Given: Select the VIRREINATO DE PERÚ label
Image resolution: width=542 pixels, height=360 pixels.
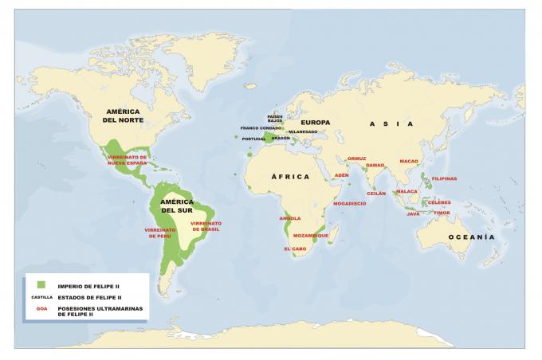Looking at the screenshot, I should point(159,233).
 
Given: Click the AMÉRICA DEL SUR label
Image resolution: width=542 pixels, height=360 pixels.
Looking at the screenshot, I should point(176,205).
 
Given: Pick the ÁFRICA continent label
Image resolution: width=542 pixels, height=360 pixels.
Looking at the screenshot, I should point(289,177).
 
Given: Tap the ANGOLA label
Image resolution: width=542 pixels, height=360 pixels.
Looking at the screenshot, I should point(290,217).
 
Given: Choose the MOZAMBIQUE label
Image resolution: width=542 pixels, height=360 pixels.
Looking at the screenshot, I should point(310,236).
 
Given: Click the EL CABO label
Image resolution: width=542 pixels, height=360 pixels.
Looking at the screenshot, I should point(295,248).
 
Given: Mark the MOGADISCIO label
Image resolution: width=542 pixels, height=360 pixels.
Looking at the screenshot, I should point(349,203).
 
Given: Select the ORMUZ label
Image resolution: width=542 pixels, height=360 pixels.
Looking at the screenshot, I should point(356,158).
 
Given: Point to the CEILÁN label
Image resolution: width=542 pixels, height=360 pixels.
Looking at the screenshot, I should point(376,194).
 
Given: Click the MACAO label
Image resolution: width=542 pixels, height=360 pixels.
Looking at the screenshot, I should point(408,161).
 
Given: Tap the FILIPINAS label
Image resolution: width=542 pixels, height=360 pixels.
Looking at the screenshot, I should point(444,178).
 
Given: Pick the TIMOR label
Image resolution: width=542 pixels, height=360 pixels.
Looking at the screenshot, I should point(442,213).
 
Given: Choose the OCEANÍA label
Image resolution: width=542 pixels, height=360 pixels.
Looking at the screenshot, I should point(471,237).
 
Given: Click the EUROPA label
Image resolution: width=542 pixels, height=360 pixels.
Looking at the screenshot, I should point(315,122).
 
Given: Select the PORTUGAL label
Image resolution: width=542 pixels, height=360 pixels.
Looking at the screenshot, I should point(253,139).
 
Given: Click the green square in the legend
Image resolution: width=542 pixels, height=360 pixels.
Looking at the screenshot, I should point(38,284).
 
